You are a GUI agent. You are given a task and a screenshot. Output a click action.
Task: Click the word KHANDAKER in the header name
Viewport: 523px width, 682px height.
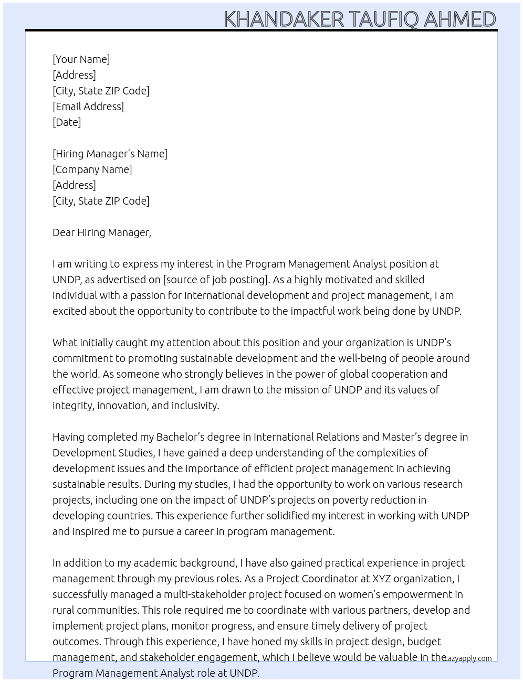pyautogui.click(x=284, y=19)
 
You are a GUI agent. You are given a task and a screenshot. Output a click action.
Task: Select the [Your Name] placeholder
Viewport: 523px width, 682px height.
pyautogui.click(x=81, y=59)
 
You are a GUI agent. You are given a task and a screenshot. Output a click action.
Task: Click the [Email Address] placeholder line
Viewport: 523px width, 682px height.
pyautogui.click(x=88, y=106)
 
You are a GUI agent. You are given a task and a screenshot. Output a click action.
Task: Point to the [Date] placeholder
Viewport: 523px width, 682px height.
pyautogui.click(x=67, y=122)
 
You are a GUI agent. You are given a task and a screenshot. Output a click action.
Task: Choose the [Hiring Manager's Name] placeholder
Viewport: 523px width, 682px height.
pyautogui.click(x=110, y=154)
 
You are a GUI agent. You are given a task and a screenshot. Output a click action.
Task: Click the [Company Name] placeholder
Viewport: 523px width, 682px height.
pyautogui.click(x=92, y=169)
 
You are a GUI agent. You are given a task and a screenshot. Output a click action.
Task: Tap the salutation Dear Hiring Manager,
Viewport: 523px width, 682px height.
pyautogui.click(x=102, y=232)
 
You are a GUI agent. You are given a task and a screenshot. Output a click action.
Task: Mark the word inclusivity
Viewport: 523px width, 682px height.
pyautogui.click(x=195, y=406)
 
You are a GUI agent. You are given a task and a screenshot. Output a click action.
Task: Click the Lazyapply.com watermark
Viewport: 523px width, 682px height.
pyautogui.click(x=467, y=658)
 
